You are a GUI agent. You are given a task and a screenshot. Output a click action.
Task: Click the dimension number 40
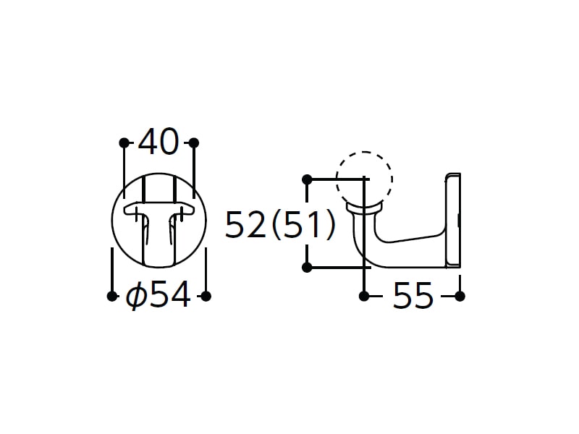point(159,141)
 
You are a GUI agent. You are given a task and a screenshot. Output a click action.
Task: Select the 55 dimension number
point(413,295)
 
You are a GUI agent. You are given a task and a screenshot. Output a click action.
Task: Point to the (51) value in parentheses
point(303,224)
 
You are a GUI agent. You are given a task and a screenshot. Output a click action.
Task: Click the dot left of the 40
point(124,142)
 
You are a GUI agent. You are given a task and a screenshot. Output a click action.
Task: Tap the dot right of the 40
point(194,142)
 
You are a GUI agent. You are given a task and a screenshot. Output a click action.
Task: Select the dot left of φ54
point(112,296)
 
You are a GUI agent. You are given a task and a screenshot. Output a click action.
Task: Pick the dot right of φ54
point(206,296)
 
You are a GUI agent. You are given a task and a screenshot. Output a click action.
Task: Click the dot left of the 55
point(364,296)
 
